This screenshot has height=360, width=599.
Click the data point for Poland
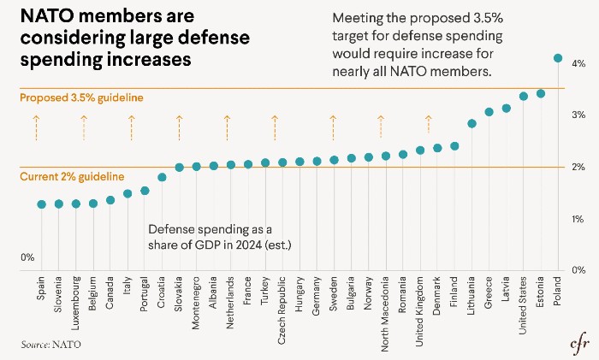558,58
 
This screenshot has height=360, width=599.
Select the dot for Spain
41,204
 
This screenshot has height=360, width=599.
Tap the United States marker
524,97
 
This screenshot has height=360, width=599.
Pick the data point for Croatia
162,178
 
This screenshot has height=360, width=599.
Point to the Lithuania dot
471,123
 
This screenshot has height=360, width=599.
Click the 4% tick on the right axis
578,64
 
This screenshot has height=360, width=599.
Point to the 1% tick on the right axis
578,220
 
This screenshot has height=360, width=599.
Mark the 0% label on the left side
27,257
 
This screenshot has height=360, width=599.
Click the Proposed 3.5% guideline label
80,98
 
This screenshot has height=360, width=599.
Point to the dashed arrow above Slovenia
36,128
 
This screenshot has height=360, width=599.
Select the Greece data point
489,112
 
